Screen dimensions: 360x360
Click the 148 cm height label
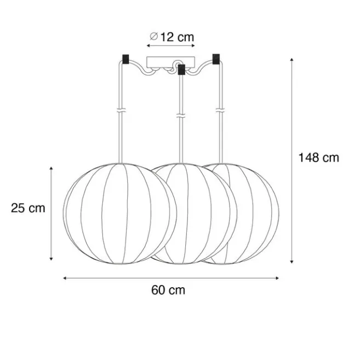(x=319, y=158)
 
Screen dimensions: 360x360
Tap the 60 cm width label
(x=168, y=290)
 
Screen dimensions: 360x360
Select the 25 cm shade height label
(x=28, y=208)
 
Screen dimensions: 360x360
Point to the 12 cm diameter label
(x=177, y=37)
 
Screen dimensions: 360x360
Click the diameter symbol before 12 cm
(x=154, y=36)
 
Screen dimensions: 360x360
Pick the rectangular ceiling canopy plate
(x=171, y=62)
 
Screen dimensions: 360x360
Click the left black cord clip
(x=125, y=59)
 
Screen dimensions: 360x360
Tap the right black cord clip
(x=216, y=59)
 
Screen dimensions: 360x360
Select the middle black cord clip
(x=181, y=70)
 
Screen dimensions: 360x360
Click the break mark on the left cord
(x=121, y=110)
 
